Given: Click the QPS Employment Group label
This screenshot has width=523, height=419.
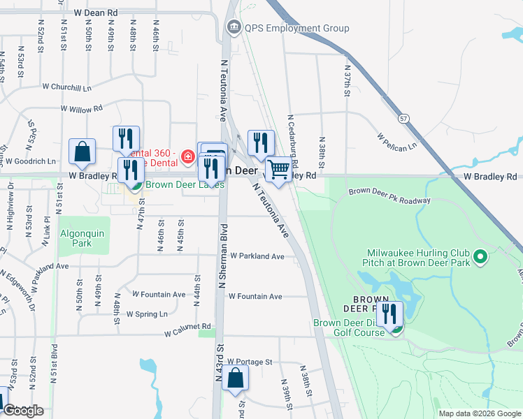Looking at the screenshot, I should (296, 29).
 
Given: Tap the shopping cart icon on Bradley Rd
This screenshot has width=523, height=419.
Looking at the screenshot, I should (279, 168).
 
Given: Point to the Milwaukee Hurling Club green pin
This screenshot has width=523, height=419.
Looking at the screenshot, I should (480, 258).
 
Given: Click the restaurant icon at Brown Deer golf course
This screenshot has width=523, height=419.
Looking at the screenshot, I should (390, 315).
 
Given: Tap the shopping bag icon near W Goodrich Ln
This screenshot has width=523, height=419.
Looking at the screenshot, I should (83, 152).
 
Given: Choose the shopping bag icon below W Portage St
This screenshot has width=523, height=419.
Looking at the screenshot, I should (236, 378).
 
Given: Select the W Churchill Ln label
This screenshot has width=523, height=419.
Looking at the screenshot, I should (67, 87).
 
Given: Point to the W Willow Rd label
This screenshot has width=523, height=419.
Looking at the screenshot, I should (81, 109).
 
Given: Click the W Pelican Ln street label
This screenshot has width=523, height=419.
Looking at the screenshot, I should (396, 142).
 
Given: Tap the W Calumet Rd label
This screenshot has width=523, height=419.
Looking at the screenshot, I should (187, 326).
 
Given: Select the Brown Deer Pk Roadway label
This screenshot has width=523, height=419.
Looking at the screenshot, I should (389, 195).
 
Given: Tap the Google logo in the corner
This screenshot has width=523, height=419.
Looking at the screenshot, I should (23, 411).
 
